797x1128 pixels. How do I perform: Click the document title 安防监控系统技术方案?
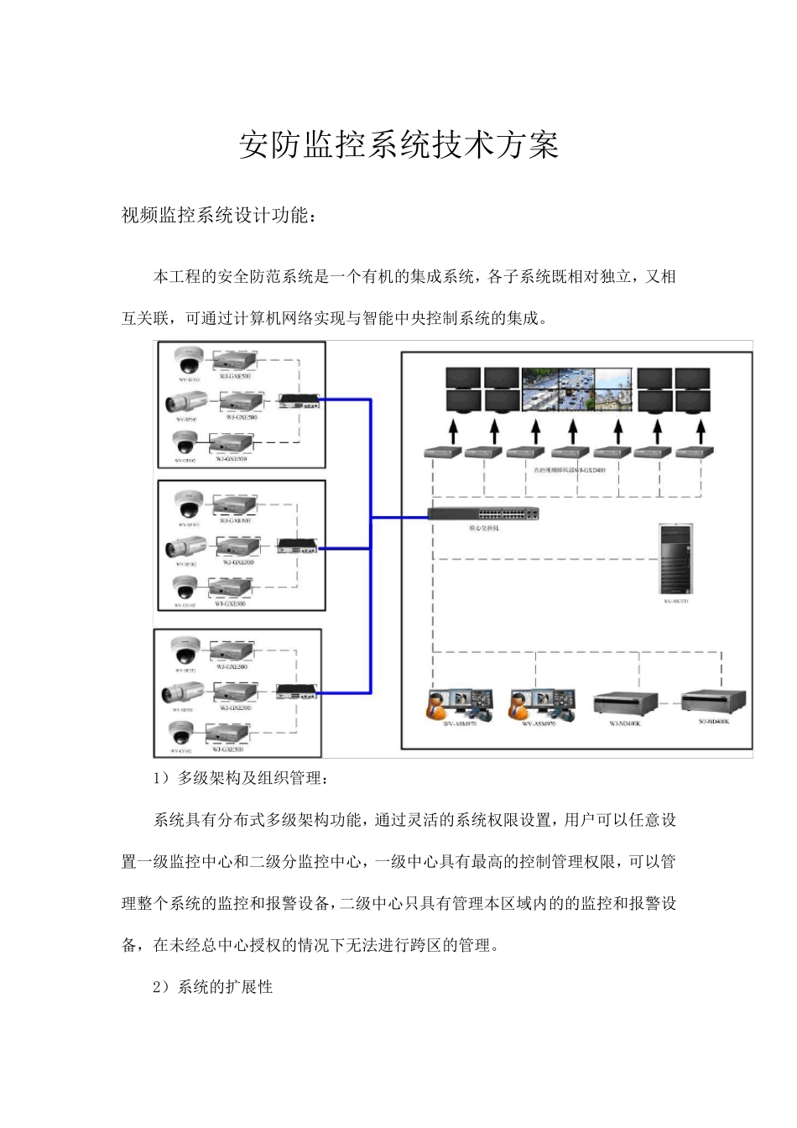point(398,145)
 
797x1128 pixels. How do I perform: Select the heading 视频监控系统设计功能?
point(219,216)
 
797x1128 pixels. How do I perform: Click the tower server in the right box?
point(675,559)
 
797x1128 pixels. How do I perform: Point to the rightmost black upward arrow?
point(701,431)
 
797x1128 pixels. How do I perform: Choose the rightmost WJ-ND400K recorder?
point(712,702)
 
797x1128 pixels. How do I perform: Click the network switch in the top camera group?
point(300,401)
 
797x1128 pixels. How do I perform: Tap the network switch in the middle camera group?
point(299,546)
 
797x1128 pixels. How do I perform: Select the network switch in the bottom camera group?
point(296,690)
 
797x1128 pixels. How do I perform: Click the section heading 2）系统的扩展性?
point(213,987)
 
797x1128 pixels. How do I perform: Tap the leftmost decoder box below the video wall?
point(445,452)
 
